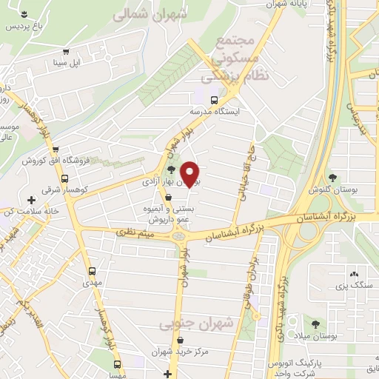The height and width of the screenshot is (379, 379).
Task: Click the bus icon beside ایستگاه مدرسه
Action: point(214,100)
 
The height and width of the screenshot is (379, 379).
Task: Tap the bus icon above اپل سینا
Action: point(67,53)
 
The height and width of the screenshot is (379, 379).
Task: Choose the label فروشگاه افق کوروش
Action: point(50,161)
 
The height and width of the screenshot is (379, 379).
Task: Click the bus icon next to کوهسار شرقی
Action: point(64,178)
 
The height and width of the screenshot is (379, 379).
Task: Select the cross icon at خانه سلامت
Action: point(31,200)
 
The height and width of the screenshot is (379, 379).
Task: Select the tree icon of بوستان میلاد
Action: point(316,324)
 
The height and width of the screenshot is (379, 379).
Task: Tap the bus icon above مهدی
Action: point(93,271)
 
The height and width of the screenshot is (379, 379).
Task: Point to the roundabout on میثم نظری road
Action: point(178,235)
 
